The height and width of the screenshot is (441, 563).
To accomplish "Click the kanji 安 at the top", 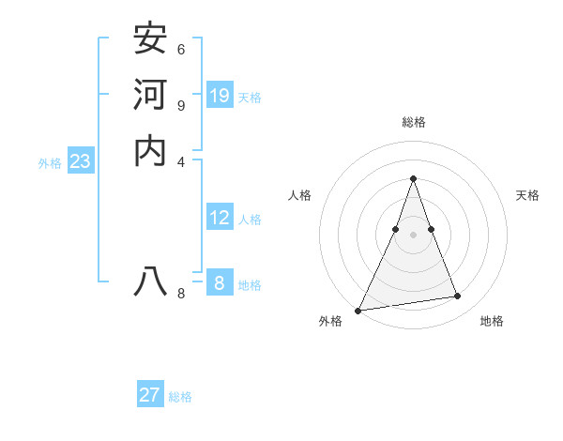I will point(151,38).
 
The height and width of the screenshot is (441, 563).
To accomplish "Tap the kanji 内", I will point(151,149).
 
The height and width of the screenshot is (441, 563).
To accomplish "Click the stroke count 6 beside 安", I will point(181,49).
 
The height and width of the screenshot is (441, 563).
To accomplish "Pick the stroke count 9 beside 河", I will point(181,105).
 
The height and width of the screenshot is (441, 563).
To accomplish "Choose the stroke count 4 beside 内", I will point(181,160).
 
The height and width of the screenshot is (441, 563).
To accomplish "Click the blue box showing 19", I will point(220,95).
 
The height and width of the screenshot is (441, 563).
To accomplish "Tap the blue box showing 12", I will point(220,218).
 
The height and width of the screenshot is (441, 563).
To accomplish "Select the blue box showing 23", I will point(80,161).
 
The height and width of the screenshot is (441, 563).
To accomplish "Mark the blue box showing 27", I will point(150,395).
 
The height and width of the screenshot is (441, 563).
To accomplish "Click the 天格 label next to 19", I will point(250,97).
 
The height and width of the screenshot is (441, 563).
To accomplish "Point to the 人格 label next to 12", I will point(250,220).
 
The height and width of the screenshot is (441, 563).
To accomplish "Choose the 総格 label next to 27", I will point(180,397).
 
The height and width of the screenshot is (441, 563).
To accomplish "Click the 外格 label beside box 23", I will point(50,163).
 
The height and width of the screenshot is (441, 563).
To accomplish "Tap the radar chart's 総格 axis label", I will point(414,122).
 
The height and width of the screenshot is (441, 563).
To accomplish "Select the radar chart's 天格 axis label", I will point(527,195).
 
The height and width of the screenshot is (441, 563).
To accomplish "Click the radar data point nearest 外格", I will point(358,311).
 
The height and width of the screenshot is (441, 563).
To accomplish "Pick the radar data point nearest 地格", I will point(458,297).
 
